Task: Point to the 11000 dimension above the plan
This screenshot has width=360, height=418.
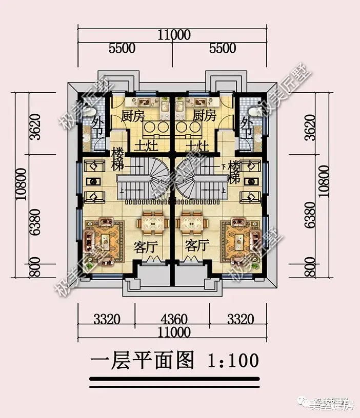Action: click(174, 35)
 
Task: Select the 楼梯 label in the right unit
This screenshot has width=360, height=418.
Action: click(235, 172)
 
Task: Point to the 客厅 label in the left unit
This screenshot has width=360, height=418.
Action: click(145, 247)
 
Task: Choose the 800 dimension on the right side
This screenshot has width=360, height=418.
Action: click(314, 268)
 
